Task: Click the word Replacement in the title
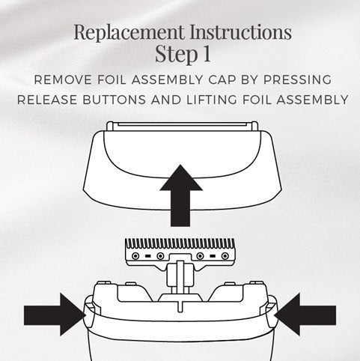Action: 129,32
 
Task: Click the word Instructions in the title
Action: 240,32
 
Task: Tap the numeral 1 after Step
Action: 207,53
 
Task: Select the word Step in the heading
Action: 176,54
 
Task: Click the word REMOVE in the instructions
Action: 63,80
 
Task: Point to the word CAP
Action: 222,80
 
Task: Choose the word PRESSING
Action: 297,80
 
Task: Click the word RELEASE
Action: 47,100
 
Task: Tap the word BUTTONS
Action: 114,100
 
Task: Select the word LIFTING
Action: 212,100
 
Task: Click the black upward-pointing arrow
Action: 180,195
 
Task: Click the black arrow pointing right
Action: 55,315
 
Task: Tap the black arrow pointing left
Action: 305,315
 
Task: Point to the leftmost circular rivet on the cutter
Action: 135,256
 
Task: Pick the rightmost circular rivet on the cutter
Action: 225,256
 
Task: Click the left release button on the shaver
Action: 89,312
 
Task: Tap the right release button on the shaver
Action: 271,312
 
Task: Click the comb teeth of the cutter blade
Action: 180,244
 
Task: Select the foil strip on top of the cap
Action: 182,127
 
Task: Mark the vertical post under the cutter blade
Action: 180,276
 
